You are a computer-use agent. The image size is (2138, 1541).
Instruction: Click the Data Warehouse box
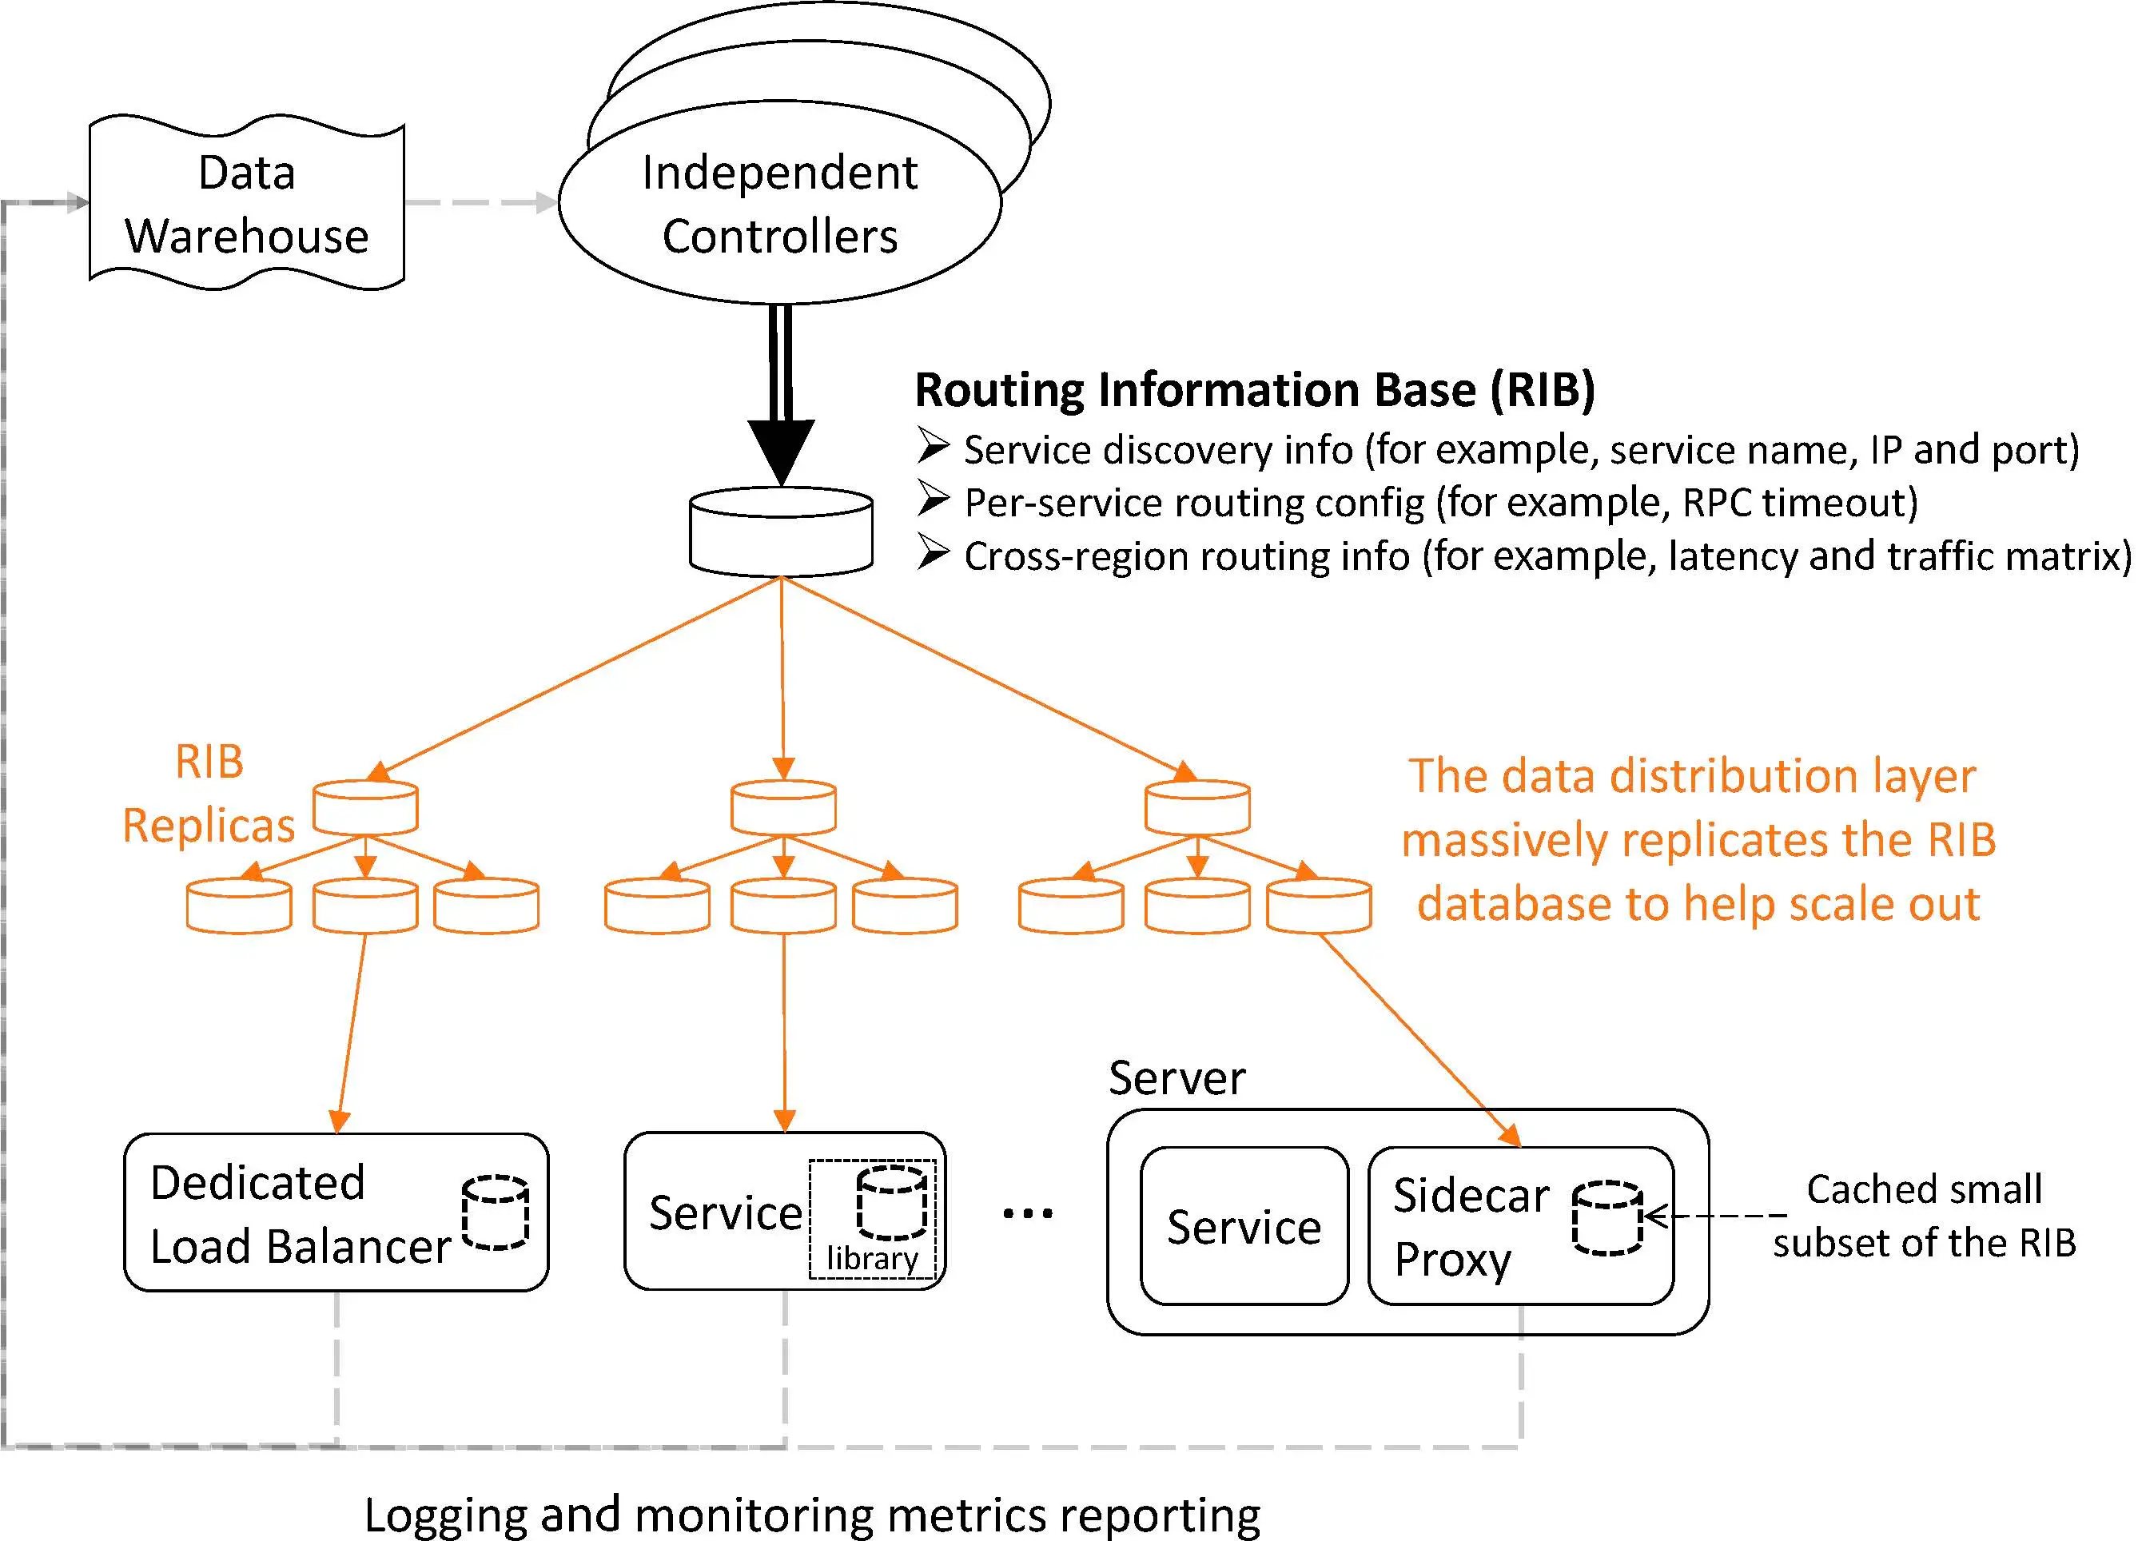246,203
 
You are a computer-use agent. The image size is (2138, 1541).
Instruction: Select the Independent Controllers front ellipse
778,204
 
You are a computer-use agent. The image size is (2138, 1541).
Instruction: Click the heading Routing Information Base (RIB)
1254,390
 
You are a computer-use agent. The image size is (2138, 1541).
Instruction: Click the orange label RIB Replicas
209,793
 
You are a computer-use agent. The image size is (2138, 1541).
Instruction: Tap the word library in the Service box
871,1258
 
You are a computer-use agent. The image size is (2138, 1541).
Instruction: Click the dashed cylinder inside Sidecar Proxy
1607,1218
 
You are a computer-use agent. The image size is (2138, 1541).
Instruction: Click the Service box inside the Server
1244,1226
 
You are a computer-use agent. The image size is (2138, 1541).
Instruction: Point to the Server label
1176,1077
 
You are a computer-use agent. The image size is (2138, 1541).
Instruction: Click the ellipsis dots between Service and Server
1028,1213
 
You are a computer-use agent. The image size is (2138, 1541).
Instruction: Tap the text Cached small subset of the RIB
1923,1216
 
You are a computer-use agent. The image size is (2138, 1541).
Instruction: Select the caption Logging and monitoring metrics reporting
812,1515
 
